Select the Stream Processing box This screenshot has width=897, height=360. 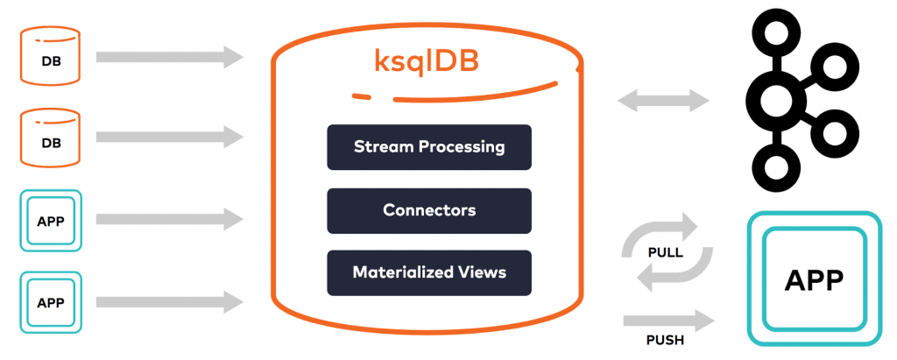(429, 146)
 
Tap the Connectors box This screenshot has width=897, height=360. (429, 210)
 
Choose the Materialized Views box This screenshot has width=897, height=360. (429, 272)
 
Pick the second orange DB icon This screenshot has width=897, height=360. (50, 138)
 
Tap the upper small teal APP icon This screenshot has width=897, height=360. (50, 222)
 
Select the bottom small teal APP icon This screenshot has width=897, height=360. (50, 302)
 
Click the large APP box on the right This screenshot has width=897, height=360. (813, 280)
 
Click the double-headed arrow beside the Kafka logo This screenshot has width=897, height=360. (663, 100)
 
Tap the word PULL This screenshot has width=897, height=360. (665, 253)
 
